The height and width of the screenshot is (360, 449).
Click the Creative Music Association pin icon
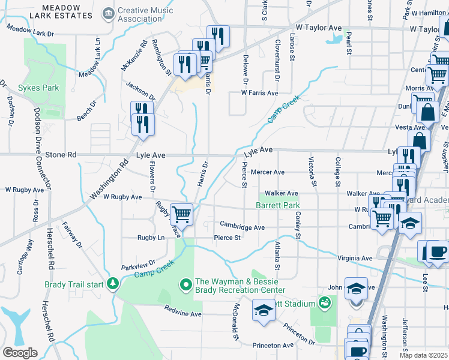click(x=109, y=13)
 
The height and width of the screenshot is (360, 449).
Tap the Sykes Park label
click(x=38, y=88)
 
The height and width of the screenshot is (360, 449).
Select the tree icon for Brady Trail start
click(x=112, y=283)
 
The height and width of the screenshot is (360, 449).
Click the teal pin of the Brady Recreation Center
click(x=186, y=283)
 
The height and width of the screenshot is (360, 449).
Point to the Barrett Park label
click(x=277, y=205)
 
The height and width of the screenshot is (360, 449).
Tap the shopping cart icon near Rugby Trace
click(x=181, y=214)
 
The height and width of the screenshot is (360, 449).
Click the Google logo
click(x=20, y=352)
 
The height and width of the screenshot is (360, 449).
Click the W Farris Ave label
click(x=259, y=93)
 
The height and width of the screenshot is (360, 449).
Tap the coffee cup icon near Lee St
click(x=436, y=251)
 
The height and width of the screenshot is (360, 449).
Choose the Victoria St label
click(x=312, y=171)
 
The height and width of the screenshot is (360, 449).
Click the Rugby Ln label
click(x=151, y=238)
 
